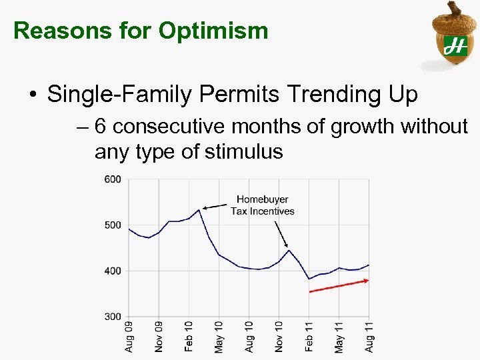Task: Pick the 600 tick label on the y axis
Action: click(x=112, y=179)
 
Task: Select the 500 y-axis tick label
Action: click(x=112, y=225)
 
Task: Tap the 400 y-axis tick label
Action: click(x=112, y=271)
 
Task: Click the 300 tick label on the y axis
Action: click(x=112, y=317)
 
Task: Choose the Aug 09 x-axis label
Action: click(x=129, y=336)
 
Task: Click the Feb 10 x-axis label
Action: click(x=189, y=336)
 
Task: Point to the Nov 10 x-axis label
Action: click(x=279, y=336)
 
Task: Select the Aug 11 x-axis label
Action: click(x=369, y=336)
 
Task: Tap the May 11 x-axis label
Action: click(x=339, y=336)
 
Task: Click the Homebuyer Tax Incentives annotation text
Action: click(x=262, y=205)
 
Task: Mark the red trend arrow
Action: click(x=339, y=286)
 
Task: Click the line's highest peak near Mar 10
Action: click(x=199, y=210)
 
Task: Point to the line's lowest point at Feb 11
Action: click(x=309, y=279)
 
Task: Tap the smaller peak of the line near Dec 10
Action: click(x=289, y=250)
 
